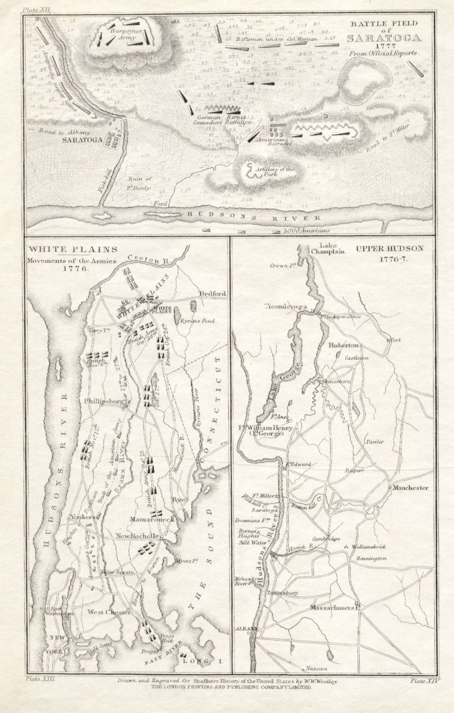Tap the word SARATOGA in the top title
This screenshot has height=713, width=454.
point(383,38)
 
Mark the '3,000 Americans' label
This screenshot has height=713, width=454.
point(306,231)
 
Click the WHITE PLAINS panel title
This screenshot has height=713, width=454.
point(73,249)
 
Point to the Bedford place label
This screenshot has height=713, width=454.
point(212,294)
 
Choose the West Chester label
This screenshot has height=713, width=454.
point(109,613)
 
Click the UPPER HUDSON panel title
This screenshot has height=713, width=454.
point(389,248)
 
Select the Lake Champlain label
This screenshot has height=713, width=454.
point(329,248)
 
